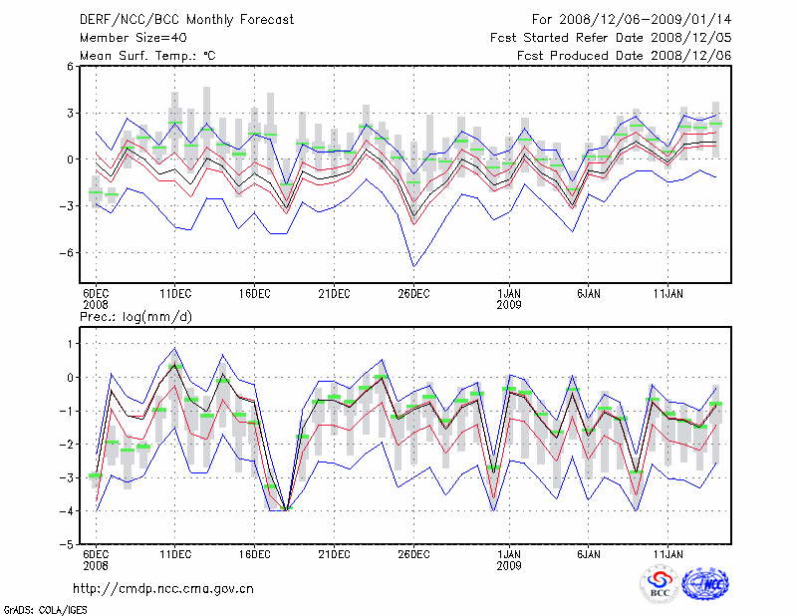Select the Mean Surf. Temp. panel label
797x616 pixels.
point(147,56)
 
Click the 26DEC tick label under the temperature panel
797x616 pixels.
point(413,294)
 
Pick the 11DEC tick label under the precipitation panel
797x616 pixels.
point(175,554)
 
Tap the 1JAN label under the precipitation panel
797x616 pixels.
point(509,554)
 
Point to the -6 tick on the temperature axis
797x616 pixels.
point(70,252)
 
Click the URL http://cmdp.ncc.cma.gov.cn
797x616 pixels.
point(164,588)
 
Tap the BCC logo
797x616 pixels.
point(659,584)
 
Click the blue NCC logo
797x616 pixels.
point(705,584)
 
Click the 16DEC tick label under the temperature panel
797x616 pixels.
point(254,294)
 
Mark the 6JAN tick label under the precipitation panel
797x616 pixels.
point(589,554)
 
